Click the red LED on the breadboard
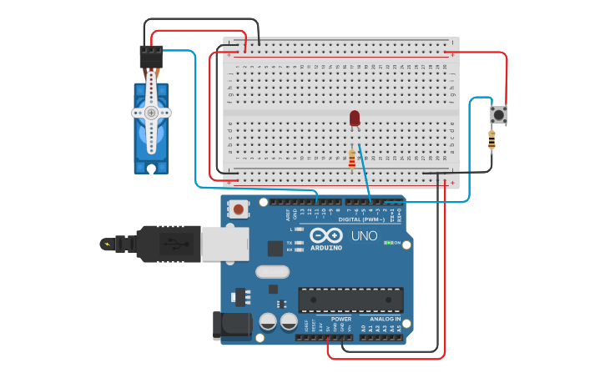click(355, 118)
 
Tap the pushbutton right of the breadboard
click(499, 114)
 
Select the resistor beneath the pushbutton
click(492, 142)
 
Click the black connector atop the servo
click(151, 56)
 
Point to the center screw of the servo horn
click(151, 112)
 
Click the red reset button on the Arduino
click(239, 209)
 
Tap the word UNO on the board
click(364, 236)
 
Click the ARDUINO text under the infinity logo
click(326, 248)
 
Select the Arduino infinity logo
click(326, 234)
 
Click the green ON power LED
click(388, 243)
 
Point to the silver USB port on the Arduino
click(224, 243)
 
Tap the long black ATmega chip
click(350, 300)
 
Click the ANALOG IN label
click(385, 319)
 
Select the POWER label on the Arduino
click(340, 319)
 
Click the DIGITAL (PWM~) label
click(361, 219)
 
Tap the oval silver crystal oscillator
click(272, 271)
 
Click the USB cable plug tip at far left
click(107, 244)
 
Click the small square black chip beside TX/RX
click(275, 248)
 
